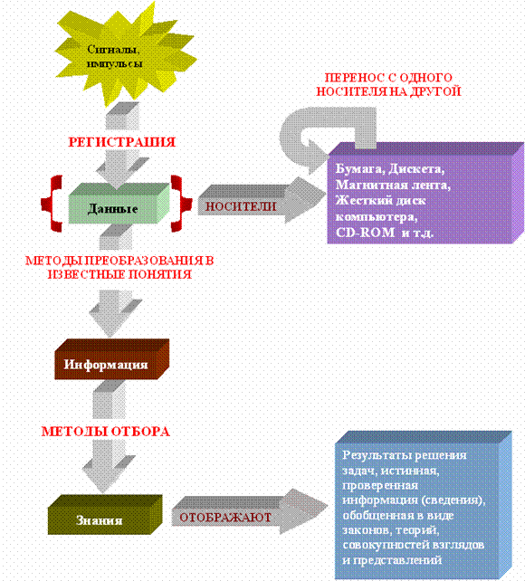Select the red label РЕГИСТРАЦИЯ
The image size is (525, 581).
coord(121,142)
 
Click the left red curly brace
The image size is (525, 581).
coord(52,204)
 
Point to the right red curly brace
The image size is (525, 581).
coord(182,204)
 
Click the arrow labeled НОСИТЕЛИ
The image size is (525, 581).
coord(260,201)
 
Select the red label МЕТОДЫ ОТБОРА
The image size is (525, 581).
coord(106,432)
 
